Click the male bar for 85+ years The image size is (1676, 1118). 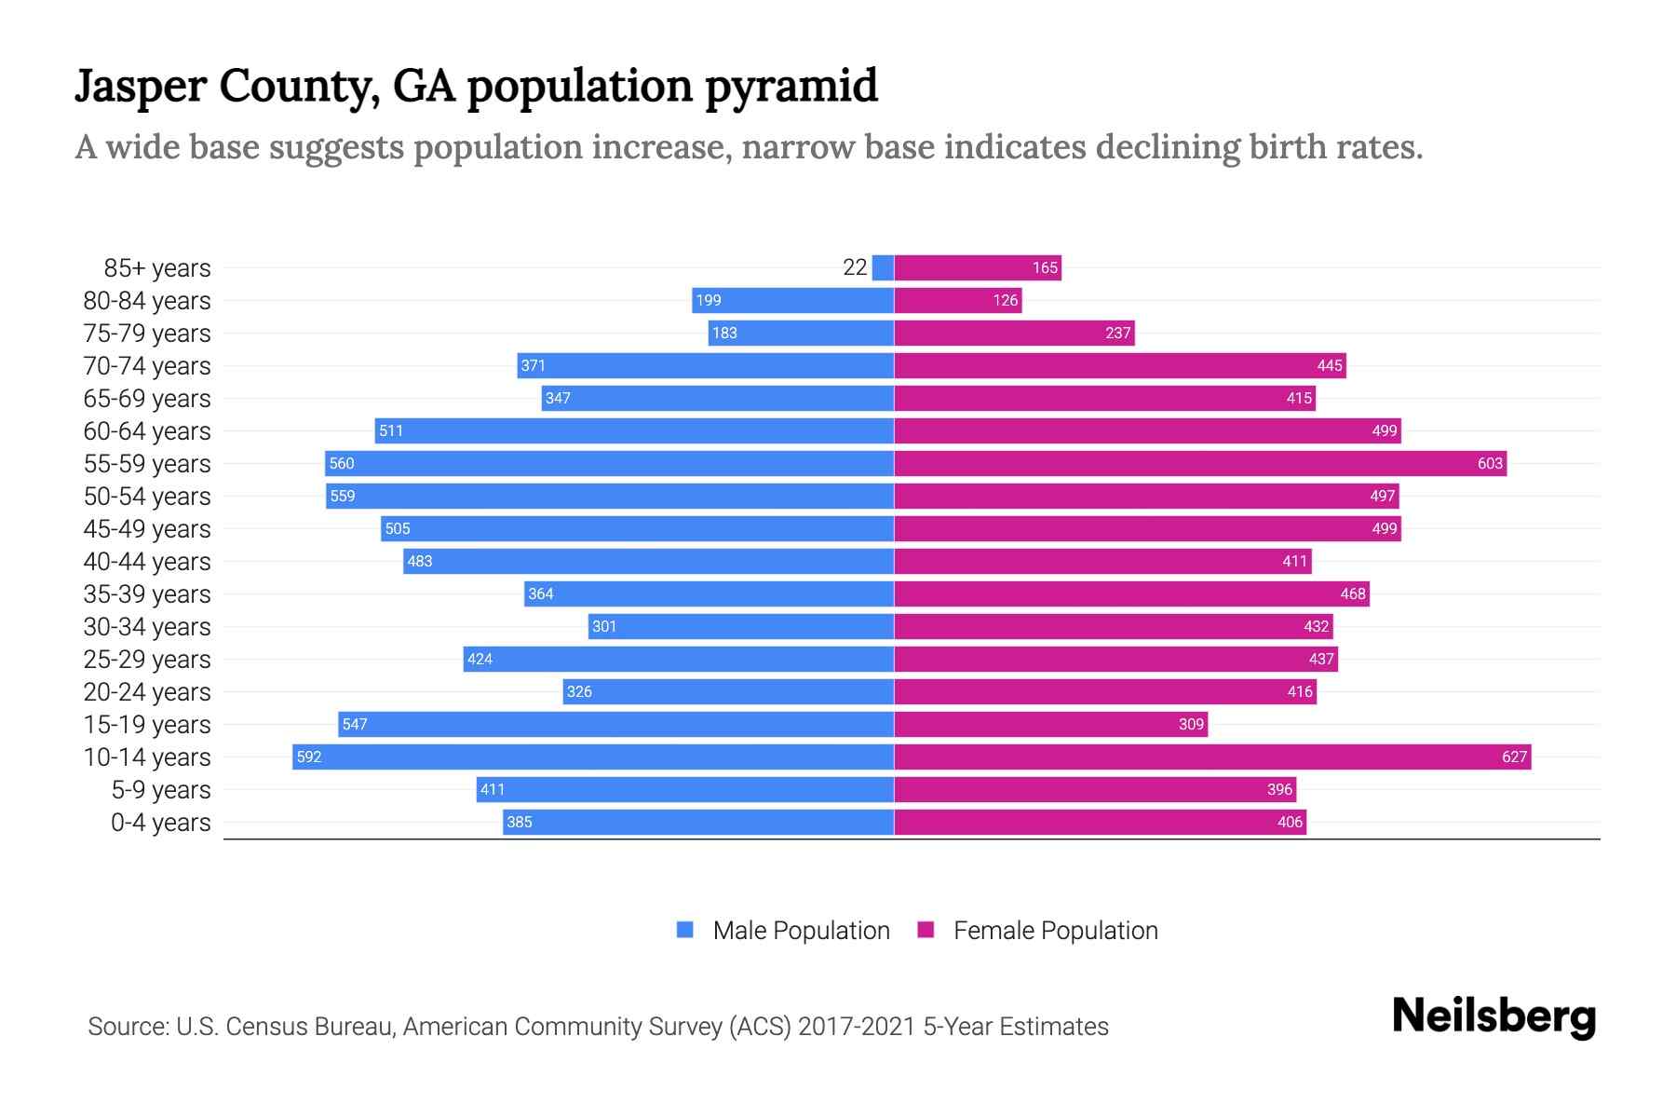[883, 267]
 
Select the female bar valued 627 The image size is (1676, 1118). [1210, 757]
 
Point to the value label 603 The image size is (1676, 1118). [1490, 463]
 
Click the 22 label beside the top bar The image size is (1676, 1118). [855, 267]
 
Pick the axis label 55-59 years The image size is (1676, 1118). [147, 463]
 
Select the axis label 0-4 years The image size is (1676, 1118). [160, 822]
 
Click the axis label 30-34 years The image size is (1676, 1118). [147, 626]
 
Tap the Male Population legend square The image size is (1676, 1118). [685, 930]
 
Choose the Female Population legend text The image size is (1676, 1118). [1055, 930]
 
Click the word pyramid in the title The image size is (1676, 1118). [791, 86]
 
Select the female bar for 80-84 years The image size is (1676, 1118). [957, 300]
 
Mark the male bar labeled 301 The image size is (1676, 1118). [741, 626]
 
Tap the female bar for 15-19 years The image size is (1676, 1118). [1050, 724]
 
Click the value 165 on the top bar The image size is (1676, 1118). [1045, 267]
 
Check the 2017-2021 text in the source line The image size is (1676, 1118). [857, 1026]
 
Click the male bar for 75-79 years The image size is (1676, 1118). [801, 333]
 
